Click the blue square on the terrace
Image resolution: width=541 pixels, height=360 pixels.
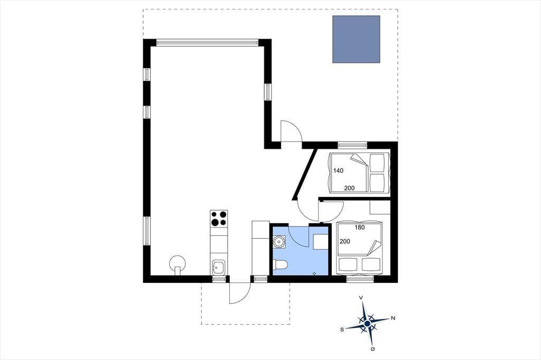pyautogui.click(x=356, y=39)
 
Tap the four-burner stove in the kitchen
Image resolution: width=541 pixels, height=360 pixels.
pyautogui.click(x=219, y=219)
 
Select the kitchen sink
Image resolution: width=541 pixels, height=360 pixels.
pyautogui.click(x=218, y=267)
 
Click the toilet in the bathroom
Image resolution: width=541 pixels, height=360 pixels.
pyautogui.click(x=280, y=265)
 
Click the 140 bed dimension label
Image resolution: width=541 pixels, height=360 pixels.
pyautogui.click(x=338, y=170)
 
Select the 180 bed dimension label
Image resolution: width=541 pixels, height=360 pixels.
pyautogui.click(x=359, y=227)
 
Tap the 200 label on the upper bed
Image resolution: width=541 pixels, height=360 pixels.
pyautogui.click(x=349, y=188)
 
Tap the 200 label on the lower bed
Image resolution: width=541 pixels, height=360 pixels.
pyautogui.click(x=344, y=241)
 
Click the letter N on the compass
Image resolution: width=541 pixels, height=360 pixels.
pyautogui.click(x=393, y=318)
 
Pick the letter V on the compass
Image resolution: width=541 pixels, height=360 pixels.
pyautogui.click(x=361, y=297)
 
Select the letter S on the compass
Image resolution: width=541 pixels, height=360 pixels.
pyautogui.click(x=342, y=329)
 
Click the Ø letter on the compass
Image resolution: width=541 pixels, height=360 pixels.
pyautogui.click(x=372, y=349)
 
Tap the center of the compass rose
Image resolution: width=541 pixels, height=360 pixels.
pyautogui.click(x=367, y=324)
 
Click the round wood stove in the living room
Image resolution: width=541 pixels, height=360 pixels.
pyautogui.click(x=177, y=264)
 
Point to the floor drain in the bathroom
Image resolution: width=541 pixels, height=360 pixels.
pyautogui.click(x=314, y=273)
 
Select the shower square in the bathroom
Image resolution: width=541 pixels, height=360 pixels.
pyautogui.click(x=321, y=242)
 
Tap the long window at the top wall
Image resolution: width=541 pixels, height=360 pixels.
pyautogui.click(x=207, y=43)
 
